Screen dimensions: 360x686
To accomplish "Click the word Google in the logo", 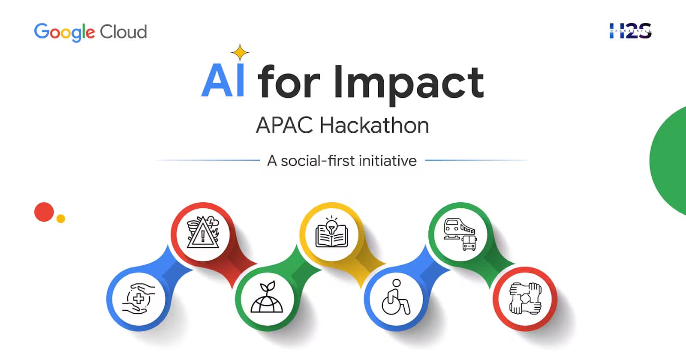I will point(64,32).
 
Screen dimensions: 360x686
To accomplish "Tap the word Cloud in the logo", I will point(123,32).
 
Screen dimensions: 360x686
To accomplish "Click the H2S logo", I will point(630,31).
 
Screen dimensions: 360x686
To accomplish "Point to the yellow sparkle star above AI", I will point(240,53).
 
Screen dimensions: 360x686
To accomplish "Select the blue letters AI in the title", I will point(223,81).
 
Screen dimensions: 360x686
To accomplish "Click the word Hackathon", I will point(374,126).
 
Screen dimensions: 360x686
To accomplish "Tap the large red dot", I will point(44,212).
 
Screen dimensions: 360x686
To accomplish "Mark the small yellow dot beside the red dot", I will point(61,219).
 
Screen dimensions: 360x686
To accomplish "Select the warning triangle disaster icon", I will point(203,233).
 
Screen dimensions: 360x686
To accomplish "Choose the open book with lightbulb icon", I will point(331,233).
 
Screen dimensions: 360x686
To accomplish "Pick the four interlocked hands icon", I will point(525,298).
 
